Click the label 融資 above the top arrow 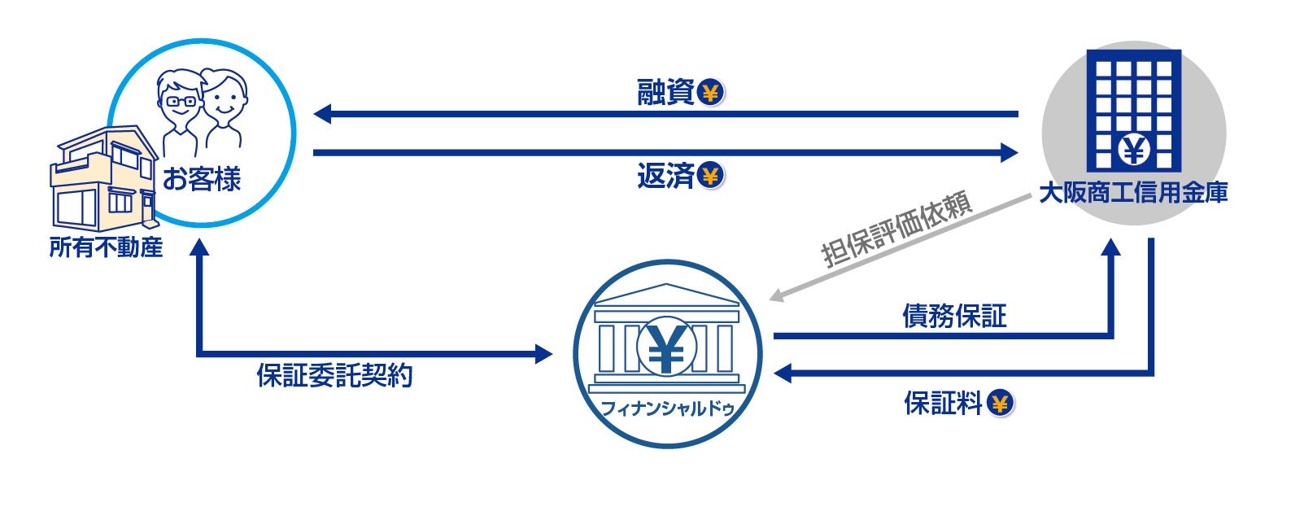665,92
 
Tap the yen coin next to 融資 711,93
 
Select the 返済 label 665,176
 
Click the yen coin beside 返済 711,177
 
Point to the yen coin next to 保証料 1001,404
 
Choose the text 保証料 943,403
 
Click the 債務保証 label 954,316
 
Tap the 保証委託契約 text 335,375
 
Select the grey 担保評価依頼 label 898,229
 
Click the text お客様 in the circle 202,179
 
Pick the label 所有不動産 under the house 106,247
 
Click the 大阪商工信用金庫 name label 1133,193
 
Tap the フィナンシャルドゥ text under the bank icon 667,409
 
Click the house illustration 104,179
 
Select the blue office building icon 1134,111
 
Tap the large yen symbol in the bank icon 667,347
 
